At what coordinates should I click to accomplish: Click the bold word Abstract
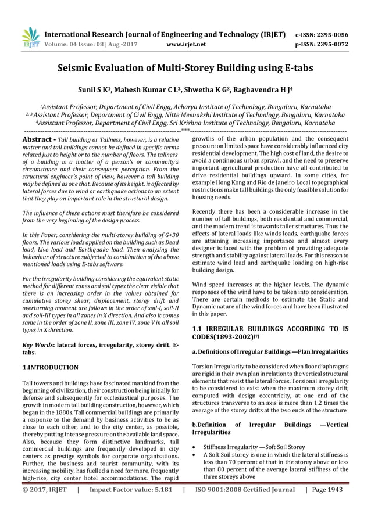coord(38,139)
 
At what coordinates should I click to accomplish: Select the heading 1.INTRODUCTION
coord(50,367)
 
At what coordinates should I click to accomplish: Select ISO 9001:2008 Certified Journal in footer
coord(245,506)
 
